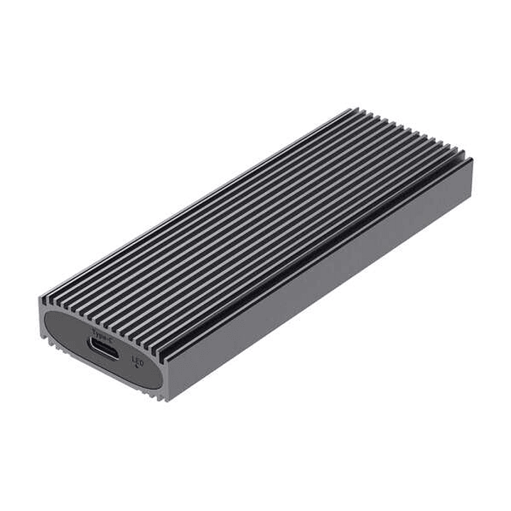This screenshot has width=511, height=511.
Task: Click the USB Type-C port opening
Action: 103,348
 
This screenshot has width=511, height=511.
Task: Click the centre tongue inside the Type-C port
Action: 103,348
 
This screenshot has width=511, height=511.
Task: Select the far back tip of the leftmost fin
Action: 350,109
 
